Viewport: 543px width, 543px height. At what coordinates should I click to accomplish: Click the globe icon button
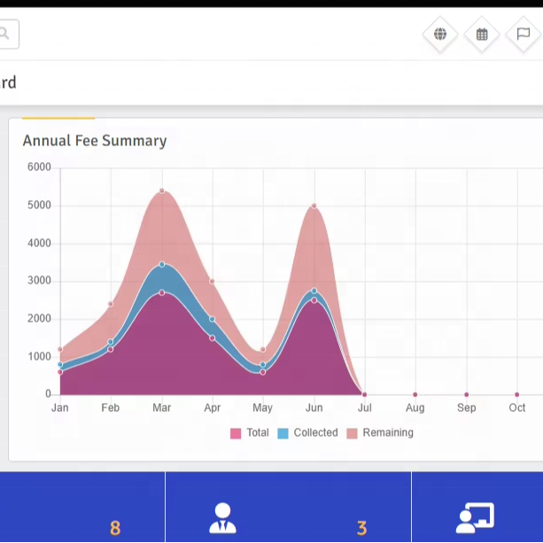coord(440,35)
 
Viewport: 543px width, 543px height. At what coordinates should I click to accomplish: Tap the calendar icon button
coord(482,35)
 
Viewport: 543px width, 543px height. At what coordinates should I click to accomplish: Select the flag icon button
coord(524,35)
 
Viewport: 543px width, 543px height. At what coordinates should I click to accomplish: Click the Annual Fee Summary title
coord(95,141)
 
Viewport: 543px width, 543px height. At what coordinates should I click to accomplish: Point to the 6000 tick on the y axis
coord(39,167)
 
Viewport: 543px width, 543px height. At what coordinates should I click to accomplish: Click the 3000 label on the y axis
coord(39,281)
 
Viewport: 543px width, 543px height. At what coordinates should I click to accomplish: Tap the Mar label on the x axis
coord(162,407)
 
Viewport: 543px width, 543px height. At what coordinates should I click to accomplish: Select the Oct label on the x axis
coord(517,407)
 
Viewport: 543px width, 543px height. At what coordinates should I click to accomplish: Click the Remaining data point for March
coord(162,190)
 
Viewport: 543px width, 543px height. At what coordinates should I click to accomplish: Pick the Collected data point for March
coord(162,265)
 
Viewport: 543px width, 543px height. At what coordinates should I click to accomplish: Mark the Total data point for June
coord(314,300)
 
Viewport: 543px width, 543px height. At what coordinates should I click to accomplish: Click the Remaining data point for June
coord(314,206)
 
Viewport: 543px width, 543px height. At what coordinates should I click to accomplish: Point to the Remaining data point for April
coord(213,281)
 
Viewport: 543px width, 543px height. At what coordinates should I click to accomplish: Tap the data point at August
coord(415,394)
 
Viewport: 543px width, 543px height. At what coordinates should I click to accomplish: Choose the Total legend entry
coord(250,433)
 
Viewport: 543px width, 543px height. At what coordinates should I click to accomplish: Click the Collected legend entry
coord(308,433)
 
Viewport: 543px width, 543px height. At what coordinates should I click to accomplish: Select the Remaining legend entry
coord(380,433)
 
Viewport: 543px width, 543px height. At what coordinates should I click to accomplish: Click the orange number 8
coord(115,529)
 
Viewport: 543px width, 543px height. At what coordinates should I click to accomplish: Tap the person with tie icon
coord(222,518)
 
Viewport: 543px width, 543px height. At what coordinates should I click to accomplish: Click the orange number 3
coord(361,529)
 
